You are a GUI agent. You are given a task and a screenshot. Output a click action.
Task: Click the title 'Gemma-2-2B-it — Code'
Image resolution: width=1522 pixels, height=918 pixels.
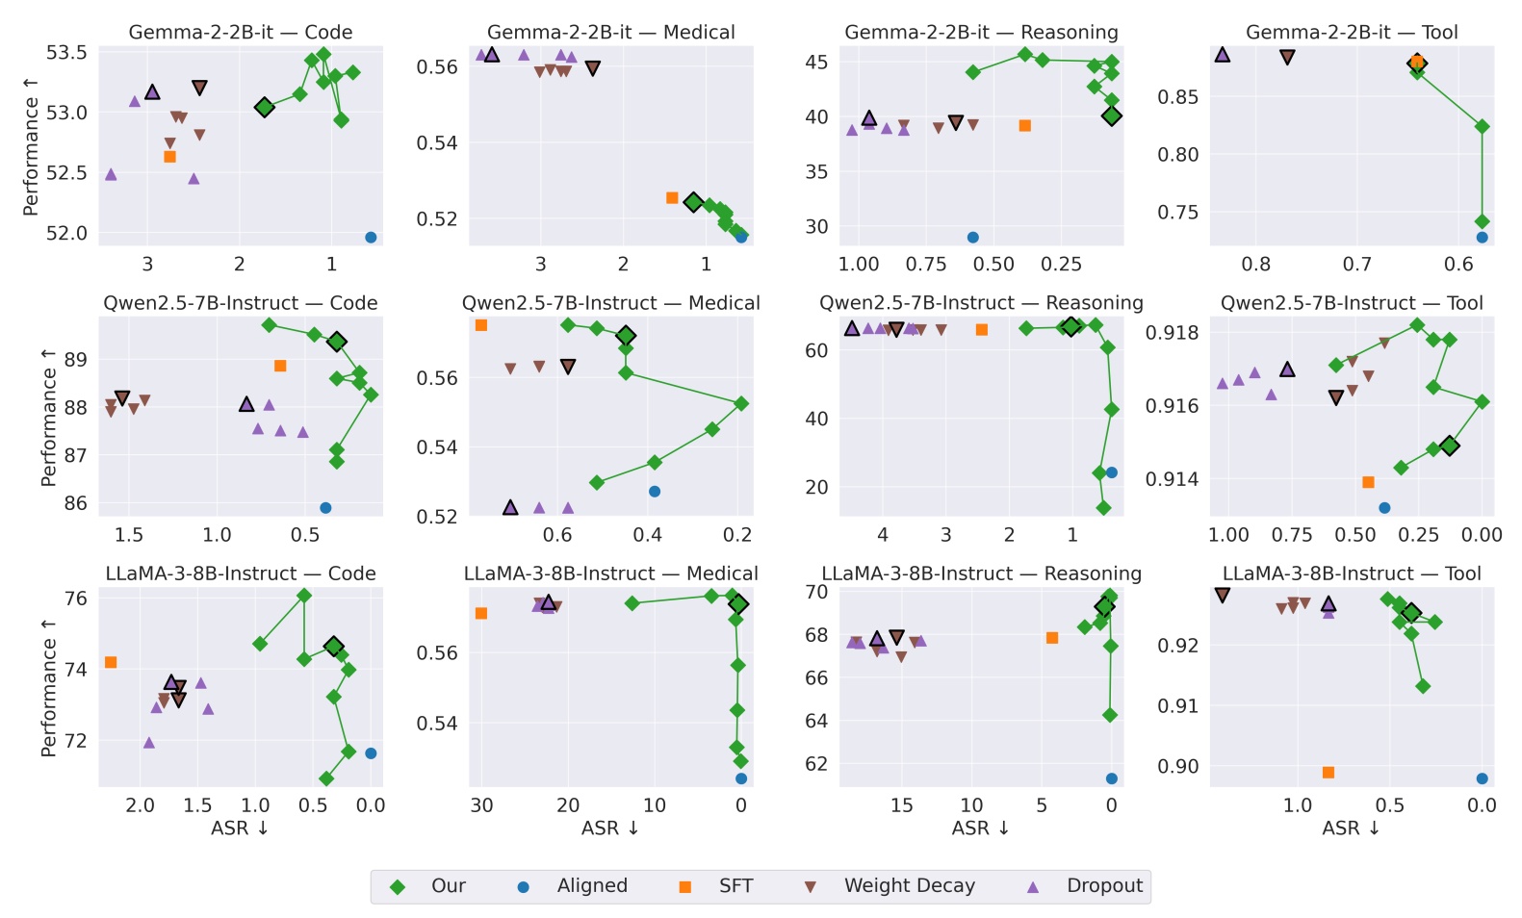tap(241, 32)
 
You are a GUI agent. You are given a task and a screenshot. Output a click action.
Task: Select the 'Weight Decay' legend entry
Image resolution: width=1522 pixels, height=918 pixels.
tap(909, 886)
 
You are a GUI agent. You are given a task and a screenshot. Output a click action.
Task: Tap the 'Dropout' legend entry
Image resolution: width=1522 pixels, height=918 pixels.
tap(1104, 886)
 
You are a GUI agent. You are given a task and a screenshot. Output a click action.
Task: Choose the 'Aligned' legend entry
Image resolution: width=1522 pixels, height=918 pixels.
tap(591, 886)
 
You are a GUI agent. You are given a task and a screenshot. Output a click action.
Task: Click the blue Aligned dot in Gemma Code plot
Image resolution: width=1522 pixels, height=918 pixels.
tap(371, 238)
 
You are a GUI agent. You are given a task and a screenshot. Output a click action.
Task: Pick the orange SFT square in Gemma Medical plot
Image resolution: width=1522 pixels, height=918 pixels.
tap(672, 198)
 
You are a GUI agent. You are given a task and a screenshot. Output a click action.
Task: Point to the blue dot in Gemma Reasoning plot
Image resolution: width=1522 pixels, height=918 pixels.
tap(972, 238)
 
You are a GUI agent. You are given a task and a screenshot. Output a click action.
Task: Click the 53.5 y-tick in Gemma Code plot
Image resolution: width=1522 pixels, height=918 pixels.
tap(66, 52)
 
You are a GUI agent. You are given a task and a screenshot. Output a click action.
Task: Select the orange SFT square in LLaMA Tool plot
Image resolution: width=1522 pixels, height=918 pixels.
tap(1329, 773)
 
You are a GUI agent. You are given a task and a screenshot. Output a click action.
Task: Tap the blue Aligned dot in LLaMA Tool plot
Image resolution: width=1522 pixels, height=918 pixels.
tap(1482, 778)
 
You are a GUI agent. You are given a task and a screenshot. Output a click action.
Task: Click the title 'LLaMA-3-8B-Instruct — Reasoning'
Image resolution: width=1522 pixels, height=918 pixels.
tap(981, 574)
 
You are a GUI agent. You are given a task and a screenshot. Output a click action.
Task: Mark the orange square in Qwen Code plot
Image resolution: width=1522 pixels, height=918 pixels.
tap(280, 366)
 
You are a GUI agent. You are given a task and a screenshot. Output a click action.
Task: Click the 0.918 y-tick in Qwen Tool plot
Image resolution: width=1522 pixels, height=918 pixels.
tap(1173, 333)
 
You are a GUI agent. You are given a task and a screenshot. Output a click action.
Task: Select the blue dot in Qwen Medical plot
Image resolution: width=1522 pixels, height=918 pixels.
tap(655, 492)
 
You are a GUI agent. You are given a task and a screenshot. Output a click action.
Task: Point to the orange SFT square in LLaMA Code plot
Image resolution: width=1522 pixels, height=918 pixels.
tap(111, 662)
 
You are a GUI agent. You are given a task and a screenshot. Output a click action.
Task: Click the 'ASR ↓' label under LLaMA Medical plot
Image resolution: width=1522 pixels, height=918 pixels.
tap(610, 829)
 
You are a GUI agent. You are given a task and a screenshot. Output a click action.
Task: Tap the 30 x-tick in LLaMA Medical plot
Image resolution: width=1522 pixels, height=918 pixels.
tap(481, 805)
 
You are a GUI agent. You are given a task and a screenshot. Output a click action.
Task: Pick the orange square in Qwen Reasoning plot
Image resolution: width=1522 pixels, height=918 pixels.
tap(982, 330)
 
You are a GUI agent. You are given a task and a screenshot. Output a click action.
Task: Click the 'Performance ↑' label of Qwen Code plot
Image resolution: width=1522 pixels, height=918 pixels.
tap(48, 418)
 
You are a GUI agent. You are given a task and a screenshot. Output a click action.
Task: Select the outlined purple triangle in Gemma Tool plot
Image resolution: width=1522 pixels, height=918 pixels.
tap(1223, 55)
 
